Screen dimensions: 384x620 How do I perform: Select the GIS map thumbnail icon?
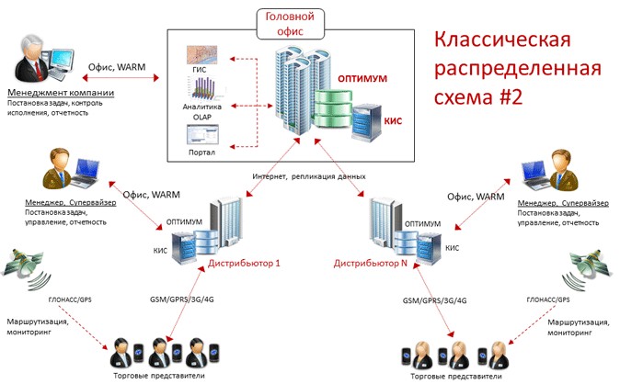200,57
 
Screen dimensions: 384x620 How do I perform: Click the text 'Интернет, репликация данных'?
308,175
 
